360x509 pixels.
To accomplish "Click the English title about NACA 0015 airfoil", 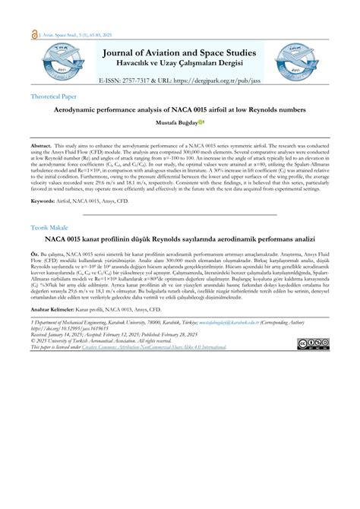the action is point(180,109).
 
